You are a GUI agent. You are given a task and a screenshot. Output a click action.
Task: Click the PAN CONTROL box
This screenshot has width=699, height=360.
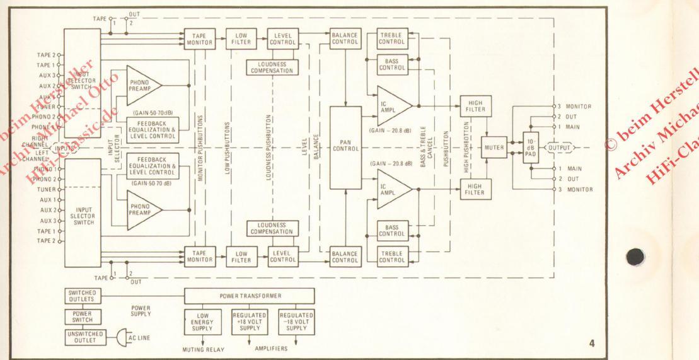tap(346, 149)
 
